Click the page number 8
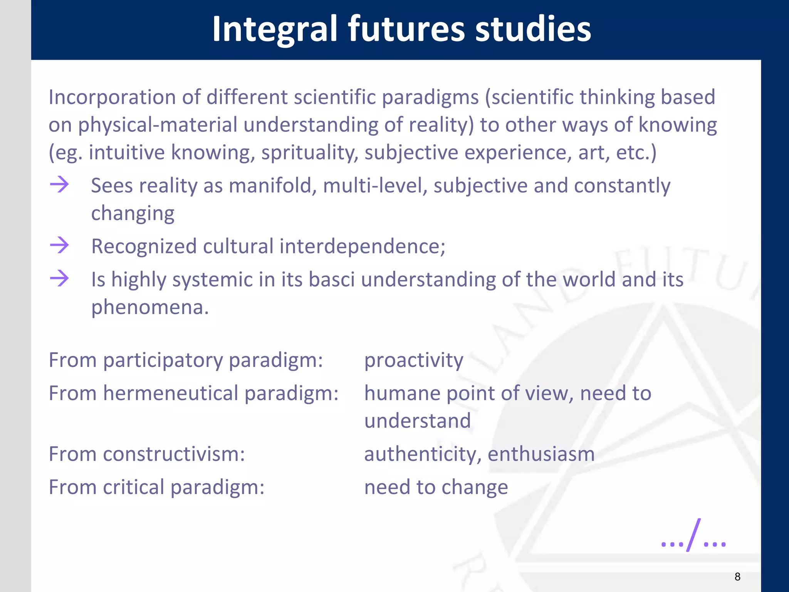737,577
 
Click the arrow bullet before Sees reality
59,184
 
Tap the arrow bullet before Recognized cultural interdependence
59,245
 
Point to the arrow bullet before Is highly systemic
59,278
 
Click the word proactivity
414,360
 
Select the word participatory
163,360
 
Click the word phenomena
149,308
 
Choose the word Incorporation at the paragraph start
112,97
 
